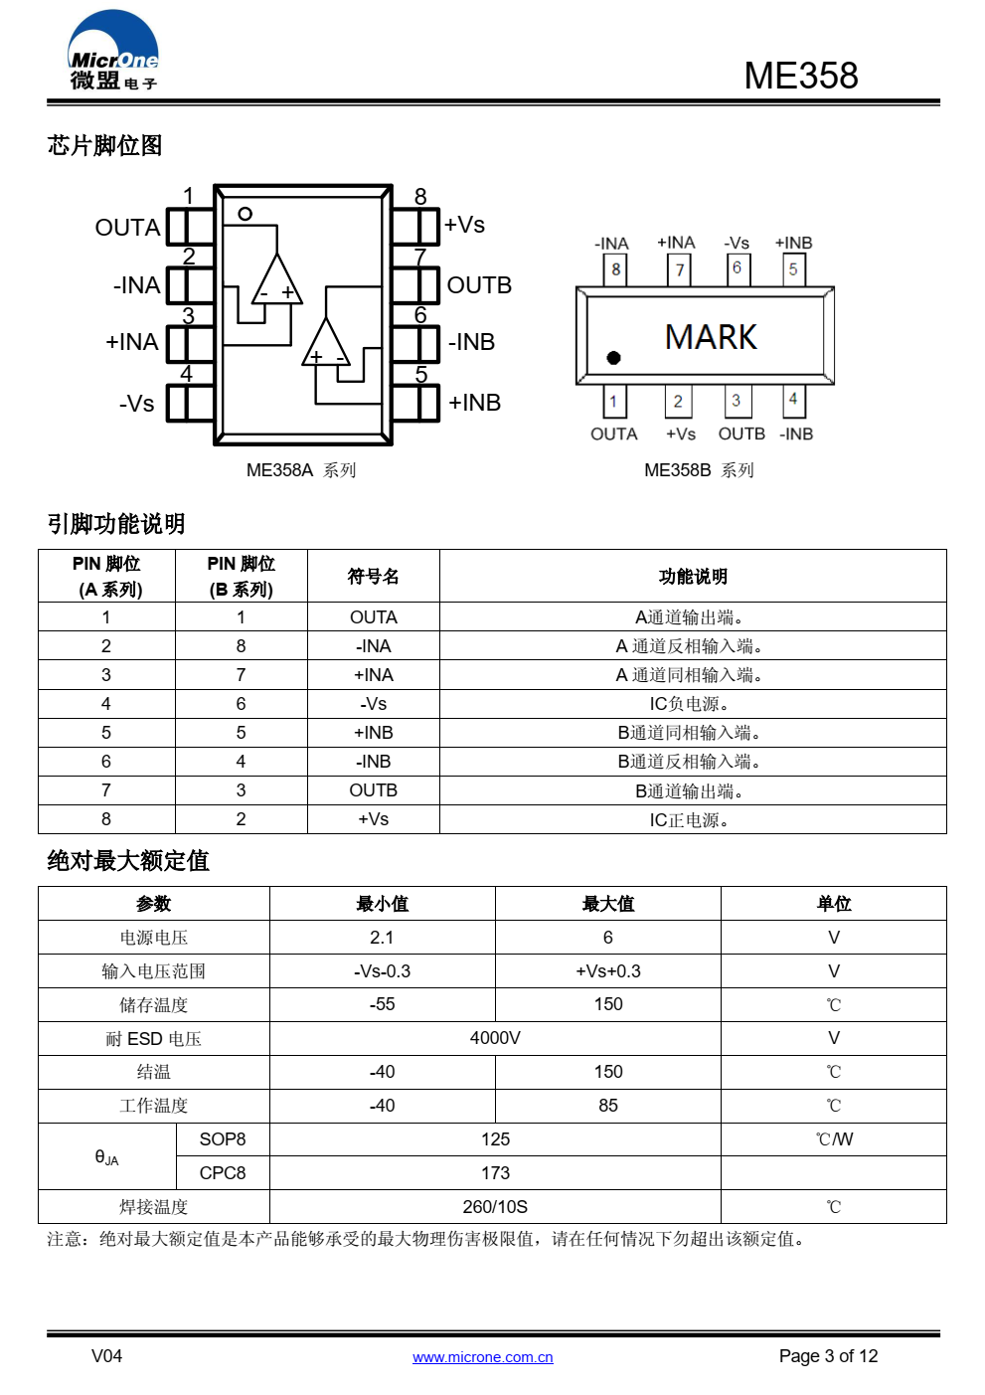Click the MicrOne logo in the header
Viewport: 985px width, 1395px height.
point(112,51)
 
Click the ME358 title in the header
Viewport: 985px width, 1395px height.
point(801,76)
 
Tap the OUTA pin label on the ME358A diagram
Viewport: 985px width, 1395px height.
point(127,228)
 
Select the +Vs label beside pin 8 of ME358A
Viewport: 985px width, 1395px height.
point(464,224)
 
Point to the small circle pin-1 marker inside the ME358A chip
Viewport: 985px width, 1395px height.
point(246,214)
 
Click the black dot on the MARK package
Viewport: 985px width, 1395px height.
point(613,358)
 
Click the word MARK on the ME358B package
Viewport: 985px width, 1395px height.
point(711,337)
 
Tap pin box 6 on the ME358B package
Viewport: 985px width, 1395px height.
point(738,269)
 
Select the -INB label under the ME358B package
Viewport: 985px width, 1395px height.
point(796,434)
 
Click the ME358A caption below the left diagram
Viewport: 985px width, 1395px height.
point(301,470)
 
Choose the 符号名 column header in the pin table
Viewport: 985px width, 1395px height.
point(373,576)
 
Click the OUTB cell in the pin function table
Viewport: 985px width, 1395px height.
point(373,790)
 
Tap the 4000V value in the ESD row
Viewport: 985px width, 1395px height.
point(495,1038)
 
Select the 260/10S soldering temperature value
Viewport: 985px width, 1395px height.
point(495,1207)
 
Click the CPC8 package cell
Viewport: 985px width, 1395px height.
point(223,1173)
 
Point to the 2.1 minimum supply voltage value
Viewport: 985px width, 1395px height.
point(382,938)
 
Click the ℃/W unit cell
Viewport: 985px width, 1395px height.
point(834,1139)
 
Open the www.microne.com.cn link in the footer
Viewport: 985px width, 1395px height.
point(482,1357)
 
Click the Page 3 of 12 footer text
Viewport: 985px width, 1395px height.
point(828,1356)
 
